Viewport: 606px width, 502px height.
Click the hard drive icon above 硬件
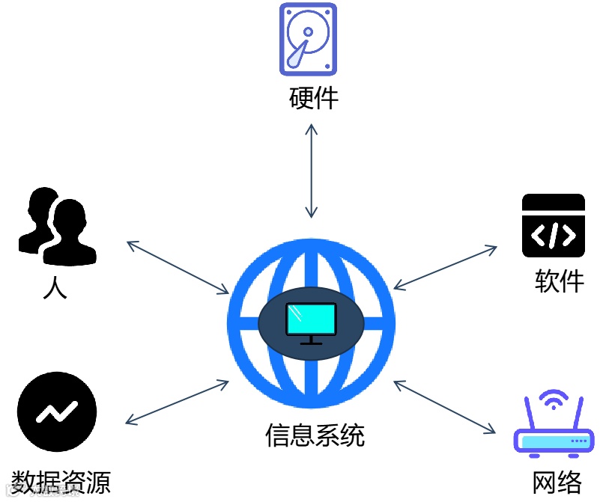click(x=309, y=39)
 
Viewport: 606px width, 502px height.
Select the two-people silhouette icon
click(x=56, y=225)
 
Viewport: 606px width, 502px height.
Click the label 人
click(x=55, y=287)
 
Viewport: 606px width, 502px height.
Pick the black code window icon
click(x=553, y=226)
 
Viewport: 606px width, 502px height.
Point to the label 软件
click(x=559, y=281)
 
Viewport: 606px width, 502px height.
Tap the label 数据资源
click(x=61, y=482)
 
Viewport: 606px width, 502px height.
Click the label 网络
click(x=557, y=482)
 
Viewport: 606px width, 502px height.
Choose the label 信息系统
click(x=315, y=435)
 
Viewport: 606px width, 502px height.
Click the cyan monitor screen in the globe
click(x=311, y=320)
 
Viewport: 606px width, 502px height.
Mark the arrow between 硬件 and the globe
click(x=311, y=171)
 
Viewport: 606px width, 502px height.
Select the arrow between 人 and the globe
click(x=178, y=267)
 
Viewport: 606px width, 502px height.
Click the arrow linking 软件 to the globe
click(x=446, y=267)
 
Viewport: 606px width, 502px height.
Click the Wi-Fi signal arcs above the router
click(x=554, y=400)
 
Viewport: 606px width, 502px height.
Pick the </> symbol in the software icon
click(x=553, y=234)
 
